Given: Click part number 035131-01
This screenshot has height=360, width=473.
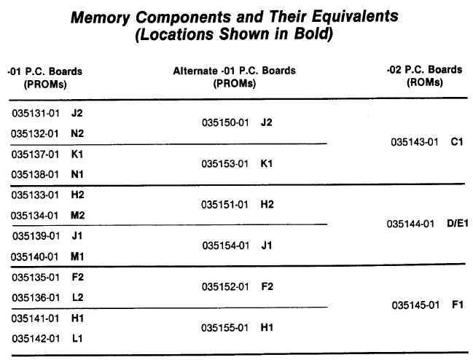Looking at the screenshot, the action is pos(36,114).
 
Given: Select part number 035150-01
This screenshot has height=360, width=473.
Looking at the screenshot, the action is pos(225,122).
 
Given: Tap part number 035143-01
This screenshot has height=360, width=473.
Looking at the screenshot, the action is pos(415,142).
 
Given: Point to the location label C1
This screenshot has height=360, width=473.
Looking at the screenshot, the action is pos(457,141).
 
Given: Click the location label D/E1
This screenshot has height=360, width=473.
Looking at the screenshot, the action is pos(458,224).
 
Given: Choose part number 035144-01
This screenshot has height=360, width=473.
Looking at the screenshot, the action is pos(410,224).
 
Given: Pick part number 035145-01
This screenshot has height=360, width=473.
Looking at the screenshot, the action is pos(415,305).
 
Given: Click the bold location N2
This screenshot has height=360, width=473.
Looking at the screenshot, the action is pos(77,133).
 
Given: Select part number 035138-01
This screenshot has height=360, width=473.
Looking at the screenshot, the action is pos(35,175).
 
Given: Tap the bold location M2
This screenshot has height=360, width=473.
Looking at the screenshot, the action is pos(77,215).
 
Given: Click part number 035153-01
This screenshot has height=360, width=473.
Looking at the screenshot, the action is pos(225,164).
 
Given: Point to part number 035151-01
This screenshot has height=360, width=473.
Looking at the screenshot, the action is pos(224,205).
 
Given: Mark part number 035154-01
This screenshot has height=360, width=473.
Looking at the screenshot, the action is pos(226,246).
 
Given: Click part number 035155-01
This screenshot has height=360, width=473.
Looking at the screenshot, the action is pos(224,328).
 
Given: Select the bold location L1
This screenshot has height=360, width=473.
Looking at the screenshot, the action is pos(77,338).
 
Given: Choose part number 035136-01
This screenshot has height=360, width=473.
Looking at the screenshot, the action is pos(36,298).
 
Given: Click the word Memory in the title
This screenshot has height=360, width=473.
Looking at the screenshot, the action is pos(101,17).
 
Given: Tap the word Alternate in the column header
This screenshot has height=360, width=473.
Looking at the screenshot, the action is pos(195,71).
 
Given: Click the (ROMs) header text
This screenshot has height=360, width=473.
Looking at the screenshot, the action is pos(425,82).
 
